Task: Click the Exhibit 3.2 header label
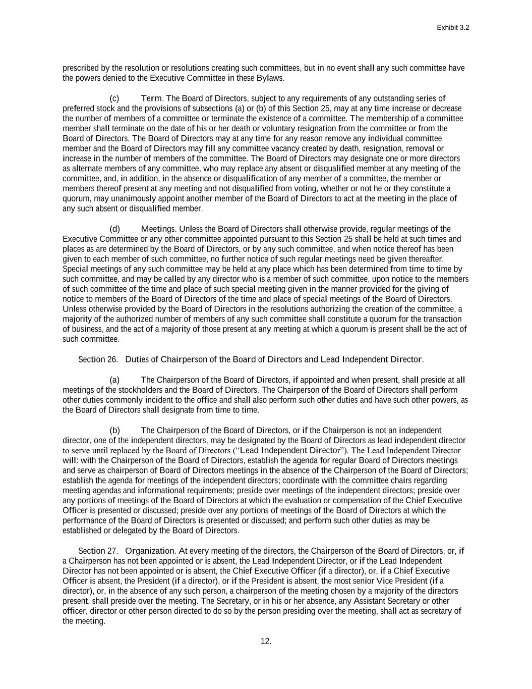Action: click(453, 28)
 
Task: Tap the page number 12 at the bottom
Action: click(266, 641)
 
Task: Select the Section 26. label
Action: click(98, 359)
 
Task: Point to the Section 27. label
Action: click(98, 551)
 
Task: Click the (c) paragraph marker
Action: click(114, 98)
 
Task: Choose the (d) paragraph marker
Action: click(114, 229)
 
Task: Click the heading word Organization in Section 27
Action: click(150, 551)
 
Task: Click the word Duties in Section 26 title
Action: click(136, 359)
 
